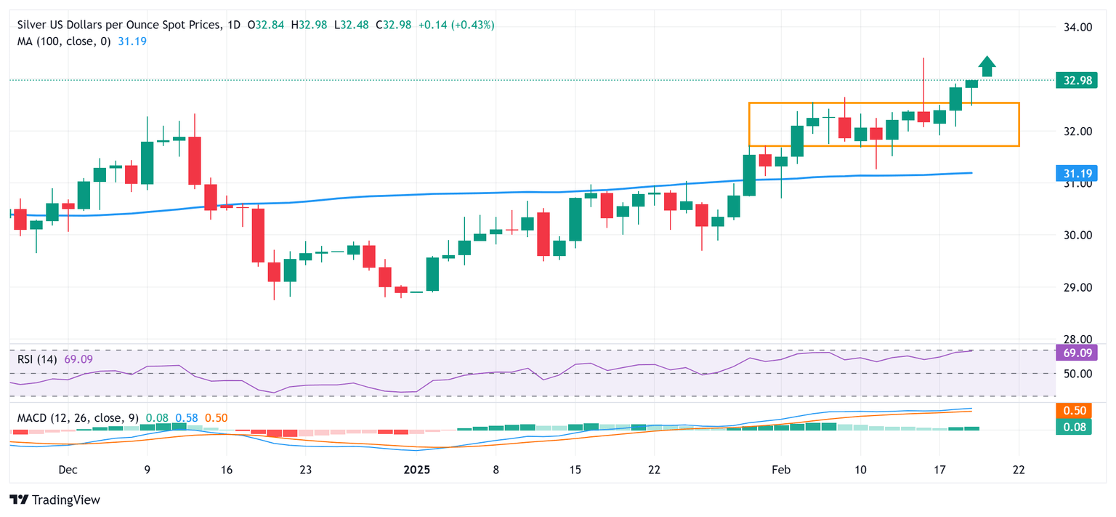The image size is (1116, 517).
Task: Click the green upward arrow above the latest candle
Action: (987, 66)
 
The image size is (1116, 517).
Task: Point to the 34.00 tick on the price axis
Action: (1077, 28)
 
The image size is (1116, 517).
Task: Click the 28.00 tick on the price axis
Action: (1077, 340)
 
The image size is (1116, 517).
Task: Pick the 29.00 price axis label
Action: (1077, 287)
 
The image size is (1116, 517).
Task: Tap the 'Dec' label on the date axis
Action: (68, 470)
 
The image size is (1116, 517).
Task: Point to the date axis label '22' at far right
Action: (1019, 470)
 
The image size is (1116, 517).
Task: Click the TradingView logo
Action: (55, 500)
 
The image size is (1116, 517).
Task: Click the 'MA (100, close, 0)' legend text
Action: (64, 41)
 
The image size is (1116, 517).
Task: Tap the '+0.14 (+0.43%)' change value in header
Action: (456, 25)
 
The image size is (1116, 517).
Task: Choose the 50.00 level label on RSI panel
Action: (1077, 374)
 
